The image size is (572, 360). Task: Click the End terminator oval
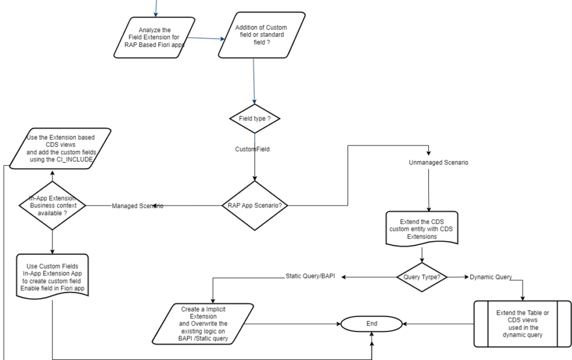371,324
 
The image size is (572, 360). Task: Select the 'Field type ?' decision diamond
254,119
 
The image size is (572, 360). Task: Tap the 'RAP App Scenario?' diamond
254,206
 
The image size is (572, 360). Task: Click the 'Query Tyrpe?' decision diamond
422,277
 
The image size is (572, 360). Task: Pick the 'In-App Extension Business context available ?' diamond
52,206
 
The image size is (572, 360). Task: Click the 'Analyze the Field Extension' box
154,38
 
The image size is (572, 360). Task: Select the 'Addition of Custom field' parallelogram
262,35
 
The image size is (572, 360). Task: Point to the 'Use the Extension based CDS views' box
60,148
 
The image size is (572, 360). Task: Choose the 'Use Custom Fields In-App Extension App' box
52,277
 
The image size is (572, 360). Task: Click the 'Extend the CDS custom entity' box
422,229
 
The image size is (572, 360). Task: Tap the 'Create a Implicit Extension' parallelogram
203,324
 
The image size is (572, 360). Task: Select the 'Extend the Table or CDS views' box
523,324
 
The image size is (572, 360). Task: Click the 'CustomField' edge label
253,149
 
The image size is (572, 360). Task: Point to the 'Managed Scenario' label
138,206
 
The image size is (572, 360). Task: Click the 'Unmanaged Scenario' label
439,163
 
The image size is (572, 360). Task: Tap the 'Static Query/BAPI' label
310,276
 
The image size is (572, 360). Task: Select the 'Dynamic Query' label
490,277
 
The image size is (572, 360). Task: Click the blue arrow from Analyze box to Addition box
206,38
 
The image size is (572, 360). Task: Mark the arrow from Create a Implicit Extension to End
292,324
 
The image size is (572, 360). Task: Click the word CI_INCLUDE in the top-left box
75,160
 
